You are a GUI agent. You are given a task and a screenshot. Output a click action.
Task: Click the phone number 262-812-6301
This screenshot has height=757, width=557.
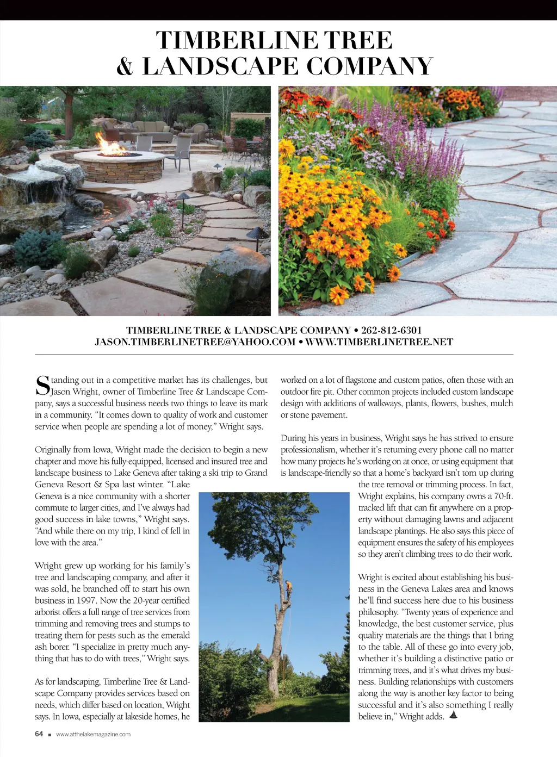click(x=391, y=330)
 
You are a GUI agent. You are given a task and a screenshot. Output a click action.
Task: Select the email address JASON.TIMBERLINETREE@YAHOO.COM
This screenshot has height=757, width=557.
click(x=195, y=342)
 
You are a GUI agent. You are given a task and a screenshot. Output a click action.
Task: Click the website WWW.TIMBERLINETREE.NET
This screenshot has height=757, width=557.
click(x=379, y=342)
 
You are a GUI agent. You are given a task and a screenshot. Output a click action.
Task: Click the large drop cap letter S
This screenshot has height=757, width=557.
click(x=42, y=385)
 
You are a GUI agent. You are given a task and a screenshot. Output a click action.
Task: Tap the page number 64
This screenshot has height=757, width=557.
click(x=39, y=734)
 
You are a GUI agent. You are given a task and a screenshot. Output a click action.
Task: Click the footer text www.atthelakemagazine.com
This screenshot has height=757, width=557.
click(x=93, y=734)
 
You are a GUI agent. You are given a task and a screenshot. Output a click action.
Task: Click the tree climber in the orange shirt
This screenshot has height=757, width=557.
click(x=289, y=588)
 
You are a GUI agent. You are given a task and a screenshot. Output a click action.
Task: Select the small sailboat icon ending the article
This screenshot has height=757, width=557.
click(x=453, y=715)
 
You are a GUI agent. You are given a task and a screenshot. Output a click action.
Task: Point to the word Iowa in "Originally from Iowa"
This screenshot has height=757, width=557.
click(x=102, y=450)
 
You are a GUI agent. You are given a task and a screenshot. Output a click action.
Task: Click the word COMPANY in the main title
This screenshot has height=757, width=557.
click(x=369, y=67)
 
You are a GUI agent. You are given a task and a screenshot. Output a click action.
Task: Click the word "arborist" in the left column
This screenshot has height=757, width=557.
click(x=49, y=612)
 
